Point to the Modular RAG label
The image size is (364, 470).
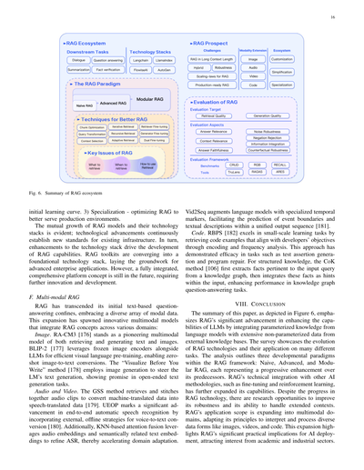coord(148,96)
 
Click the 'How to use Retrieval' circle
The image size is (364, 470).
coord(147,165)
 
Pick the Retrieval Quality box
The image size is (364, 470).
coord(214,116)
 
